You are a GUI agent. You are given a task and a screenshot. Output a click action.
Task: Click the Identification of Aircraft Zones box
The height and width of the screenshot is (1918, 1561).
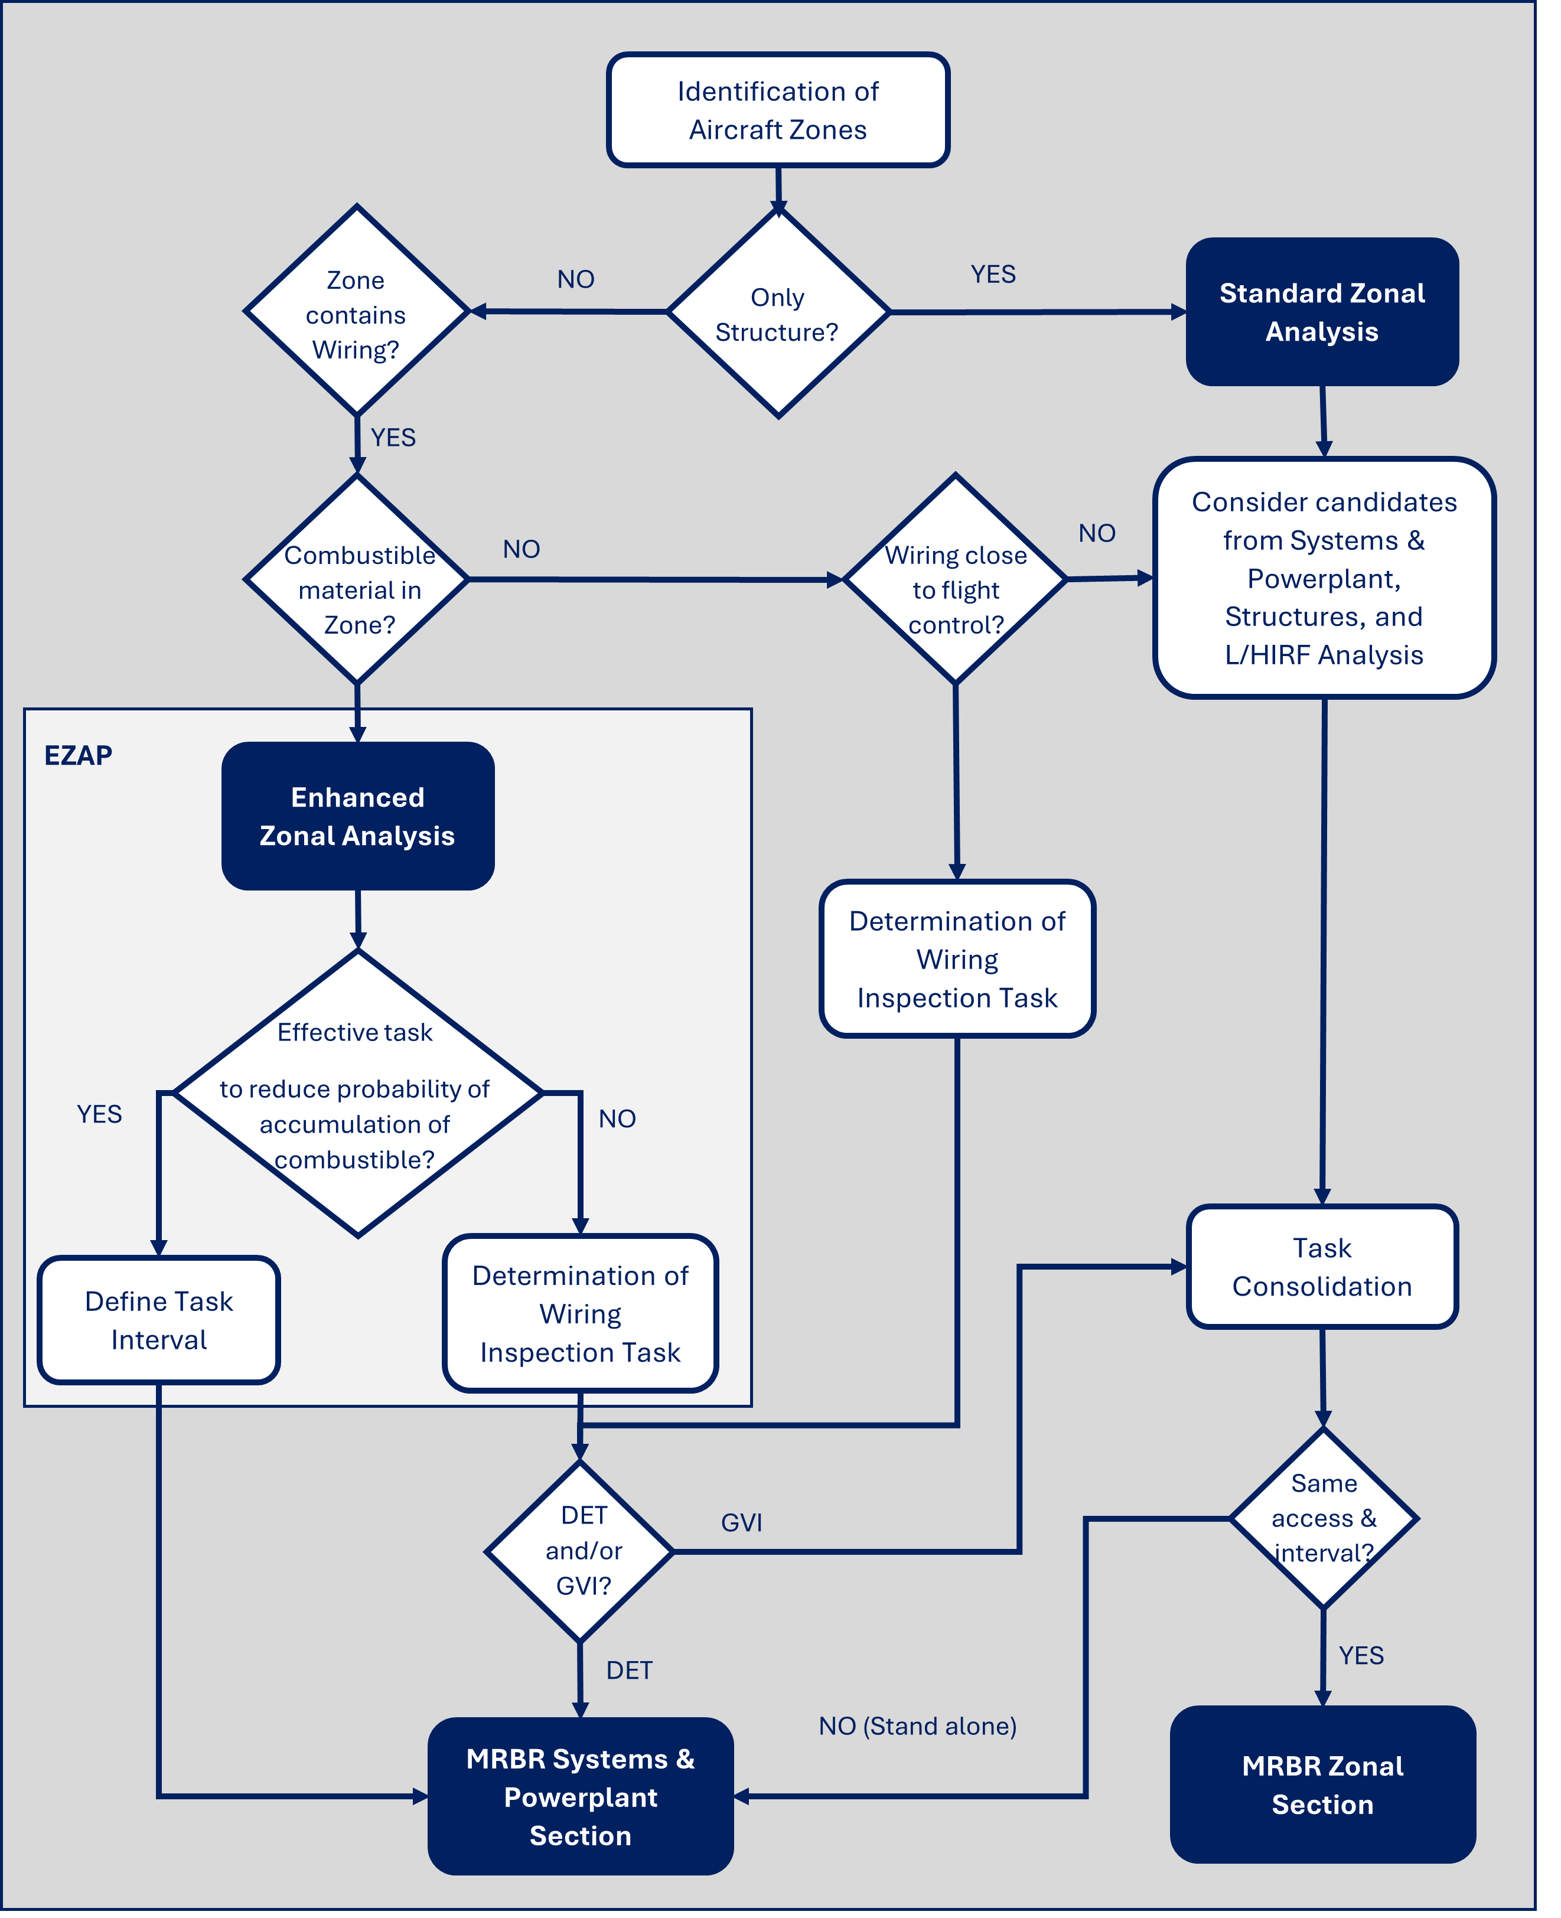(x=778, y=110)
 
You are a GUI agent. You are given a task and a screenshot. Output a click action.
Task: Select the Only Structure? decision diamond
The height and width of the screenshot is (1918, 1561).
(x=778, y=313)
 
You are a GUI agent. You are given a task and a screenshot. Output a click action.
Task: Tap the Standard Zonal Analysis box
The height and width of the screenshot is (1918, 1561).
(x=1322, y=312)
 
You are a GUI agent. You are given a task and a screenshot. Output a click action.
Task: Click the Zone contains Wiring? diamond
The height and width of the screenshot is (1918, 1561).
(x=357, y=312)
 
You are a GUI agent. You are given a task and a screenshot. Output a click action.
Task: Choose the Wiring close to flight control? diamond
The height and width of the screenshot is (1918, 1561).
(x=955, y=580)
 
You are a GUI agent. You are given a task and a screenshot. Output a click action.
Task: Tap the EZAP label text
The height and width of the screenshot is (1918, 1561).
(x=78, y=755)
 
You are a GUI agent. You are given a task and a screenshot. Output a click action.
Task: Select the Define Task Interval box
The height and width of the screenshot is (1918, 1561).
(x=159, y=1320)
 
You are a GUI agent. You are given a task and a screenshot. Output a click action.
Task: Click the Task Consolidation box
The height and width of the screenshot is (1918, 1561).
(x=1322, y=1267)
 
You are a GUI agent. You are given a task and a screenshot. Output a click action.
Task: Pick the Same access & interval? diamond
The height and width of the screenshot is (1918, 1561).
(x=1324, y=1519)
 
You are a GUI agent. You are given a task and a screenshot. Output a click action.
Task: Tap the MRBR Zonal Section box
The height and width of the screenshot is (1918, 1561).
(x=1323, y=1785)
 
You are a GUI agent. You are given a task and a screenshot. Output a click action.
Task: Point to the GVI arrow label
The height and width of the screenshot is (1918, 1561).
(x=742, y=1522)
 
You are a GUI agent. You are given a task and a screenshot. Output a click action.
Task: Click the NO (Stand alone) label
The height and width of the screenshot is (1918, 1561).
(x=917, y=1727)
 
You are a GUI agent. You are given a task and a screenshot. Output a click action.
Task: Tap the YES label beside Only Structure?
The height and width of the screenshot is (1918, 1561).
(x=993, y=274)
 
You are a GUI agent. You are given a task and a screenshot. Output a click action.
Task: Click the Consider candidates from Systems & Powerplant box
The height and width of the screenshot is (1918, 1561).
(x=1324, y=578)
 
